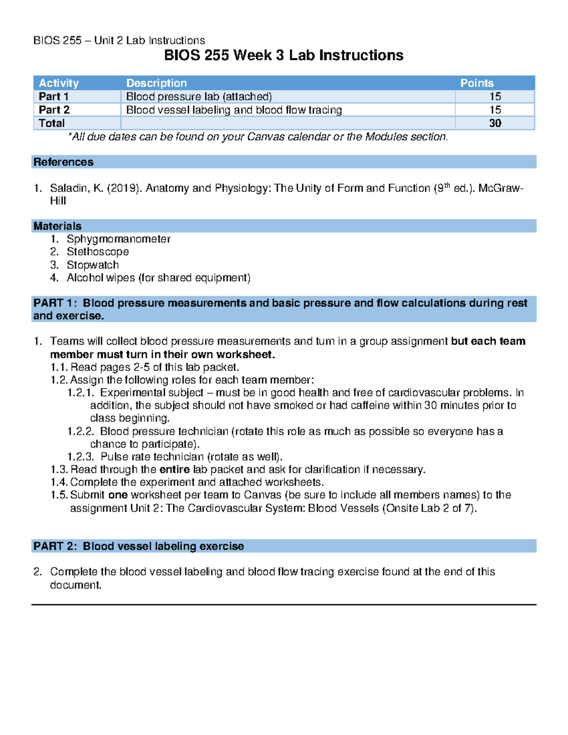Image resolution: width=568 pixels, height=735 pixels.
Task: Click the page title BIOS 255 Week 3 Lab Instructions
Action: pos(284,55)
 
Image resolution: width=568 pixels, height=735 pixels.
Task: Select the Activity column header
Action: pos(59,83)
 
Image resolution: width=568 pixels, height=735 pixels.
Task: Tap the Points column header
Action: pos(477,83)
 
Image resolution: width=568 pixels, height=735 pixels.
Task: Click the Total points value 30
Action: pos(495,123)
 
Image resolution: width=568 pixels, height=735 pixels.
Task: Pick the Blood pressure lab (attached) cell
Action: pos(199,97)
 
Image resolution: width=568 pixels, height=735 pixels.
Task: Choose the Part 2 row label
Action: pos(54,110)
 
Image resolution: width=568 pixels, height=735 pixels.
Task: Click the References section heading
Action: pos(63,162)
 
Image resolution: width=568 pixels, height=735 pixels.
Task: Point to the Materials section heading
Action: pos(57,226)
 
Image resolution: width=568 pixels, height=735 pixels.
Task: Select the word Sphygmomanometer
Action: pos(118,239)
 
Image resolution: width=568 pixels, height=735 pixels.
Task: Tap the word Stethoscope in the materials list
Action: pos(98,252)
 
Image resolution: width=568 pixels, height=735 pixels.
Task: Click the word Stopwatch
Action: pos(93,265)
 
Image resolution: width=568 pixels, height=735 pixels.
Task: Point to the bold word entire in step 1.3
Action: pos(175,469)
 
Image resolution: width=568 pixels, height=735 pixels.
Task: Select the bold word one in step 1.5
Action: pos(118,495)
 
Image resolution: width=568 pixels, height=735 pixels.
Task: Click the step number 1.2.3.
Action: pos(81,457)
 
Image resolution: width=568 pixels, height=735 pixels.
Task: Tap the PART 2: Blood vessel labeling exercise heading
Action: pos(139,546)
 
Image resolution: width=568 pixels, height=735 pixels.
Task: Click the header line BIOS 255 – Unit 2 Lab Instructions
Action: pos(119,40)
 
